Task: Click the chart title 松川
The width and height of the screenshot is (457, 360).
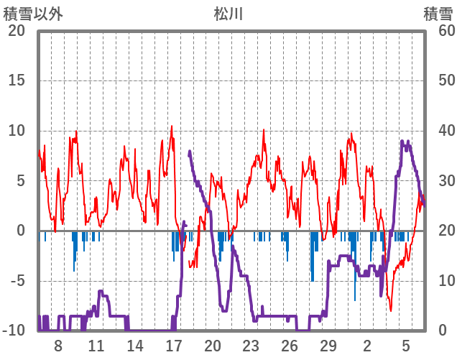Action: point(228,14)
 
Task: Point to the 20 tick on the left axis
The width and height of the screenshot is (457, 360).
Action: point(17,31)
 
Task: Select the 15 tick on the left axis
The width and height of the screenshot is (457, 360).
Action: point(17,80)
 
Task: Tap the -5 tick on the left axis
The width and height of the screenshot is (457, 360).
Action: point(17,281)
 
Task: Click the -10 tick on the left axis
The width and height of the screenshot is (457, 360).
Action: point(14,331)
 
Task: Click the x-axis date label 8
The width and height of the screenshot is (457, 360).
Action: point(58,346)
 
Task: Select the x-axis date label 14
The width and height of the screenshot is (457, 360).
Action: point(135,346)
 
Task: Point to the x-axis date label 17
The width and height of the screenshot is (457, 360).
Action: point(174,346)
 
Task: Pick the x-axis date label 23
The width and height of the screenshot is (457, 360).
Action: point(251,346)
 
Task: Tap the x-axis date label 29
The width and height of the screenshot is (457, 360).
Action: point(328,346)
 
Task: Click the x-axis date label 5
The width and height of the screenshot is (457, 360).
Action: point(406,346)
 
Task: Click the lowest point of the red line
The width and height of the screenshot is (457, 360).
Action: point(391,310)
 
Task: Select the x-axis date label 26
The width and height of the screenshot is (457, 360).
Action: point(290,346)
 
